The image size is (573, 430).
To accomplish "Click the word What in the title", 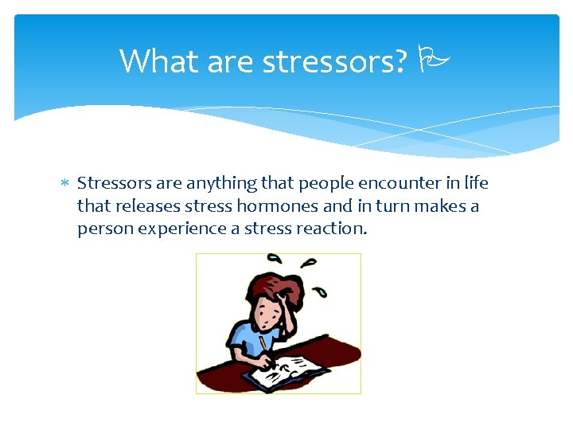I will (x=158, y=61).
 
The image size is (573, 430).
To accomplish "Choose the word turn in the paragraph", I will (x=384, y=205).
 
